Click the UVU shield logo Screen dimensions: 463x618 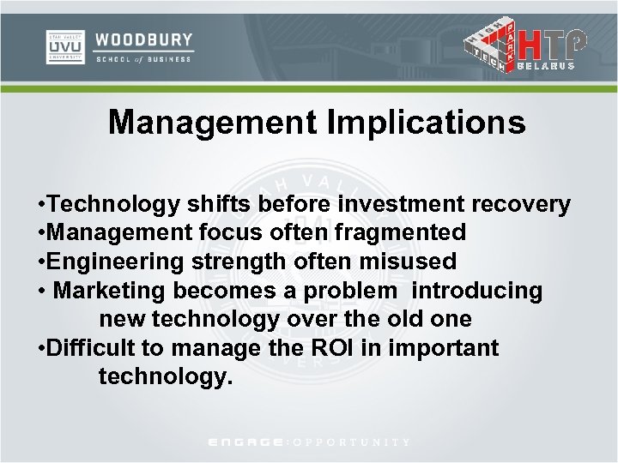tap(64, 47)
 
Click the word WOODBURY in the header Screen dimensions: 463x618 tap(144, 39)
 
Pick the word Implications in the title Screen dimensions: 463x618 tap(426, 123)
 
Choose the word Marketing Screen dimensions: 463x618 tap(109, 291)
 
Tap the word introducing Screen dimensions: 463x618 tap(477, 291)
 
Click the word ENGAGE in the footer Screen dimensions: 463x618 tap(248, 442)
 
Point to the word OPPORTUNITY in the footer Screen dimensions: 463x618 tap(352, 442)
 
